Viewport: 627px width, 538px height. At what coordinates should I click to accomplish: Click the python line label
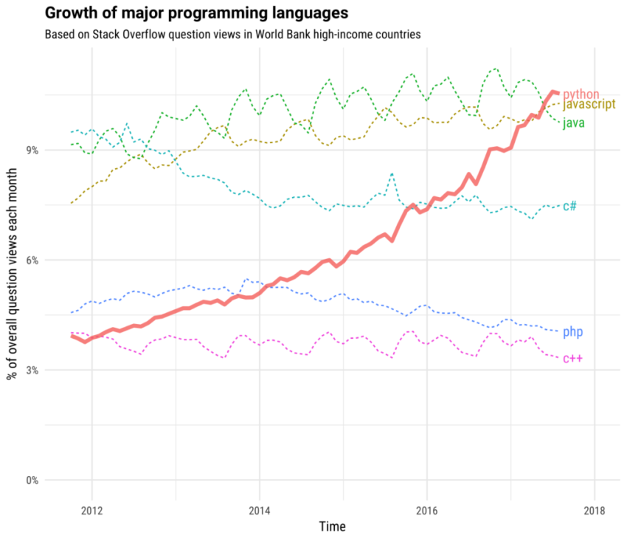tap(581, 94)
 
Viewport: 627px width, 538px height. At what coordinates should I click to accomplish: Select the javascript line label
tap(589, 105)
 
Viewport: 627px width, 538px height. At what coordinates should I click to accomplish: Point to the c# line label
tap(569, 206)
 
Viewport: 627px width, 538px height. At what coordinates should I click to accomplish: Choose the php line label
tap(572, 332)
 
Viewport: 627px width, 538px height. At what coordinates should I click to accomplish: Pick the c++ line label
tap(572, 359)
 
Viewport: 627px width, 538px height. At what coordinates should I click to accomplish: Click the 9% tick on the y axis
tap(32, 150)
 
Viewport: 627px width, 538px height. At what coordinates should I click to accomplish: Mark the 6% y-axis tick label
tap(32, 260)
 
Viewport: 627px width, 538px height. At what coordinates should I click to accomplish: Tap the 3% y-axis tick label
tap(32, 370)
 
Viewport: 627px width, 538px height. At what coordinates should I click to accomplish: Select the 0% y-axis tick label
tap(32, 480)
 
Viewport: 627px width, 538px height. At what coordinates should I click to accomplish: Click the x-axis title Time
tap(332, 526)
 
